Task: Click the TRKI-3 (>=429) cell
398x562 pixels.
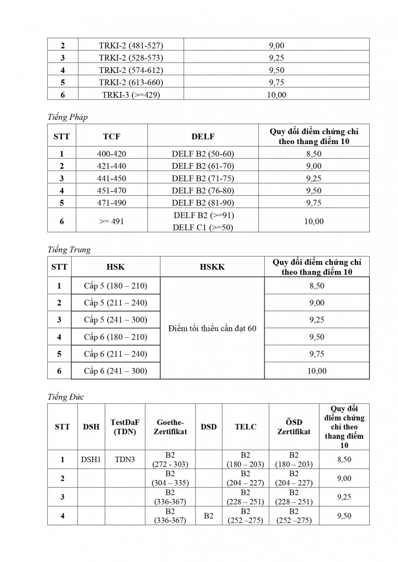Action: click(131, 94)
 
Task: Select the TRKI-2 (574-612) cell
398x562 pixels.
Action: click(131, 70)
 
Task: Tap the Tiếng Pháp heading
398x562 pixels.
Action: click(67, 117)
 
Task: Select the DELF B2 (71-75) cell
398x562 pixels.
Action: click(202, 178)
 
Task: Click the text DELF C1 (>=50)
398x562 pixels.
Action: click(203, 227)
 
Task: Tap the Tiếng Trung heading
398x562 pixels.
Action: click(69, 250)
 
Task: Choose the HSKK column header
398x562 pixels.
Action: click(212, 267)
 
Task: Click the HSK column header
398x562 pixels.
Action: click(115, 267)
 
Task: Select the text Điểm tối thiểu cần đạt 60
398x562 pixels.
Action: click(212, 328)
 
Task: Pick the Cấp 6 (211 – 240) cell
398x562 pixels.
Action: click(115, 354)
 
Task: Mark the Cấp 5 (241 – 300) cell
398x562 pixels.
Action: click(115, 320)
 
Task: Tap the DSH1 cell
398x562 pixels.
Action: click(91, 460)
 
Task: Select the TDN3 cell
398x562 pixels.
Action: click(125, 460)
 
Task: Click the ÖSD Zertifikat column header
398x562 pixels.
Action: click(294, 427)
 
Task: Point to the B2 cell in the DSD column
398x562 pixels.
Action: click(208, 516)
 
